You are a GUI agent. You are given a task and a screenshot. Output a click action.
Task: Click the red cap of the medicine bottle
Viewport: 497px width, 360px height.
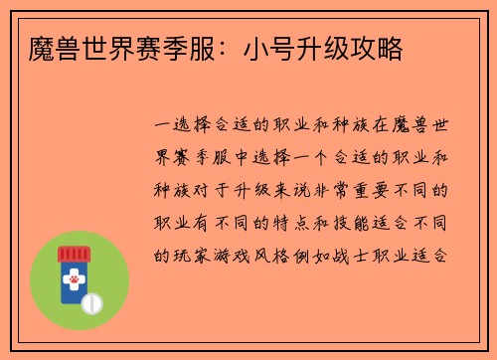74,254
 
